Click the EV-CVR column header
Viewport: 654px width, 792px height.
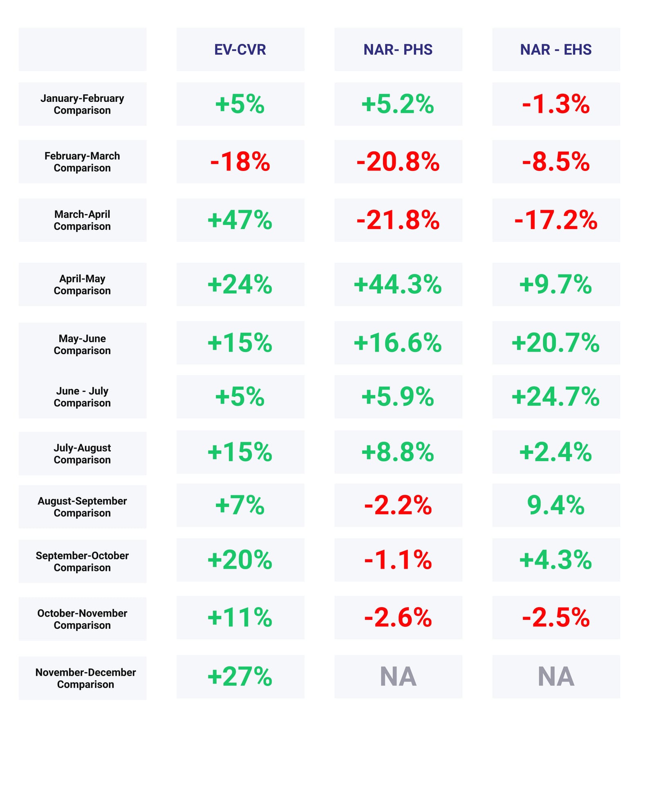[240, 49]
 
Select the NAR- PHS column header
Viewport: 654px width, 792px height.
[398, 49]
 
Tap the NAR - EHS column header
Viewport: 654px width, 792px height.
[555, 49]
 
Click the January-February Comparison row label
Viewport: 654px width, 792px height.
[82, 104]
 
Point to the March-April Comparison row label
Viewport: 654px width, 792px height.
[82, 220]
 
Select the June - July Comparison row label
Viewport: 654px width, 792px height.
[82, 397]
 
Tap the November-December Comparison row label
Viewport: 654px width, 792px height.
[85, 678]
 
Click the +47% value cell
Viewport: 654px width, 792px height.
[240, 220]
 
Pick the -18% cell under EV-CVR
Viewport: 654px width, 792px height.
[240, 162]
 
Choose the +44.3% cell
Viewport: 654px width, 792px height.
[398, 284]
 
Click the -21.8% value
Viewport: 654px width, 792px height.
[398, 220]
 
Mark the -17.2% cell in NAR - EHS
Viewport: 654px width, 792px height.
[555, 220]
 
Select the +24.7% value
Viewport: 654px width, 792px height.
[555, 397]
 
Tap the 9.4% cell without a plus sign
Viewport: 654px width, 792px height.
[555, 505]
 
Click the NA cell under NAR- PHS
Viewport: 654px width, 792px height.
[398, 677]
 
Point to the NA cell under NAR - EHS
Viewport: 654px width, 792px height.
[555, 677]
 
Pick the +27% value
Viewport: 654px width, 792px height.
[240, 677]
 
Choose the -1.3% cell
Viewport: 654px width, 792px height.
[555, 104]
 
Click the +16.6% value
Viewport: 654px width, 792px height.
[398, 343]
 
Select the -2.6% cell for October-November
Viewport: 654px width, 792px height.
[398, 617]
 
